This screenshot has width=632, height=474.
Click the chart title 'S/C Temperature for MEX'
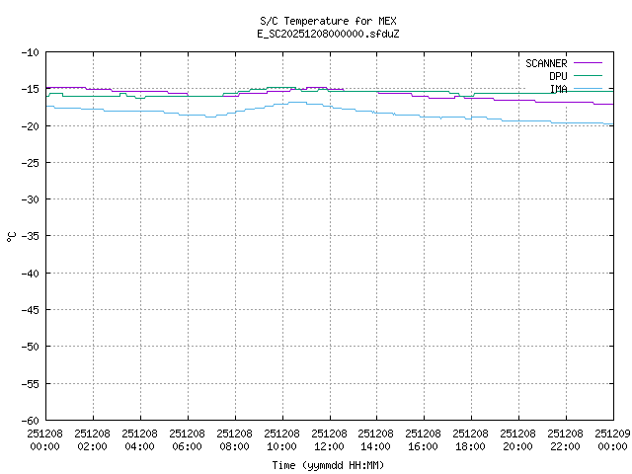[329, 21]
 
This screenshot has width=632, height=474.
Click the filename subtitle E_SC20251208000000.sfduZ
[329, 34]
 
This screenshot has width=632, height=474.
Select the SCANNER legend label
[546, 63]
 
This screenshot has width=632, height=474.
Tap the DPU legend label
[558, 76]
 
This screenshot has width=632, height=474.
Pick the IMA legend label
[558, 89]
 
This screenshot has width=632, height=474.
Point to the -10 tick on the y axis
[30, 52]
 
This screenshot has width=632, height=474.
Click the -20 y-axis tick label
[30, 125]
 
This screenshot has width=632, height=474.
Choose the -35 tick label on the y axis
[30, 236]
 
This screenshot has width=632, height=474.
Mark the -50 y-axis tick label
[30, 347]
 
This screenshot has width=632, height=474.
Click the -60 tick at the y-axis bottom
[30, 420]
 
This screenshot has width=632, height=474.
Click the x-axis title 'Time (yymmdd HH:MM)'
[329, 465]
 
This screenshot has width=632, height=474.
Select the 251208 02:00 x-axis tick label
[93, 439]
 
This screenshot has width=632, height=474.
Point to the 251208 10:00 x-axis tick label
[282, 439]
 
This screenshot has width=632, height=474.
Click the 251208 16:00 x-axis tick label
[425, 439]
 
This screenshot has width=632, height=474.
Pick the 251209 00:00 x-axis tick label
[613, 439]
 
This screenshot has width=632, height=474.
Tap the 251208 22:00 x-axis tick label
[567, 439]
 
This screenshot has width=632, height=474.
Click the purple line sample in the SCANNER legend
[587, 63]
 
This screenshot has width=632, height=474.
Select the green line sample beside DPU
[587, 76]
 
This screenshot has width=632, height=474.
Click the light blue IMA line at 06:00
[188, 115]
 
